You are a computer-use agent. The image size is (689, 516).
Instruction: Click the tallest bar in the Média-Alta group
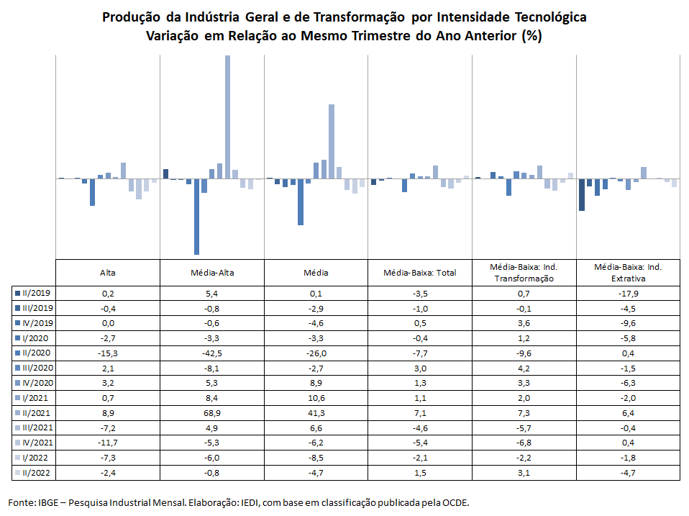(227, 117)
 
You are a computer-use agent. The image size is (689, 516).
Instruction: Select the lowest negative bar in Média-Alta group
(196, 217)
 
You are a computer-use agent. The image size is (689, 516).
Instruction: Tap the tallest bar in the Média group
(332, 142)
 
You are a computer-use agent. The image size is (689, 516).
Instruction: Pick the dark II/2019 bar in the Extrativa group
(582, 195)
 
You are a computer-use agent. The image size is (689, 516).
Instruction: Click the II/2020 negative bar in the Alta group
(92, 192)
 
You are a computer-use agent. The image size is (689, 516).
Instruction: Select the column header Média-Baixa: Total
(419, 273)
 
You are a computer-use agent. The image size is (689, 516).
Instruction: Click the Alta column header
(108, 273)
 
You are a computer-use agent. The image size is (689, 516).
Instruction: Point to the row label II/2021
(36, 412)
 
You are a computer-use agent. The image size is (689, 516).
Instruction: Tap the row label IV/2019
(38, 323)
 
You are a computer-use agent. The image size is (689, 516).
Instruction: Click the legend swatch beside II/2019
(17, 293)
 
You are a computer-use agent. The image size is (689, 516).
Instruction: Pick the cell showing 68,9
(211, 413)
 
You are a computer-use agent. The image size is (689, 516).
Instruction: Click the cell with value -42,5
(211, 353)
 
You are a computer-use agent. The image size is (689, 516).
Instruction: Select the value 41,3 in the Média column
(316, 413)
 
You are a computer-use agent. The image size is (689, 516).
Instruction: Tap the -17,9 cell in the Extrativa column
(628, 294)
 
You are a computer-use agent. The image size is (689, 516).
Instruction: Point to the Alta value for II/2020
(108, 353)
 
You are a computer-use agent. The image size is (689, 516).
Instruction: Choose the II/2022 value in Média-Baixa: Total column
(420, 473)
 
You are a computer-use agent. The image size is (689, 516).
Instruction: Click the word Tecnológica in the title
(551, 17)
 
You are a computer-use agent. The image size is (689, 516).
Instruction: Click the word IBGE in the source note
(48, 502)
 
